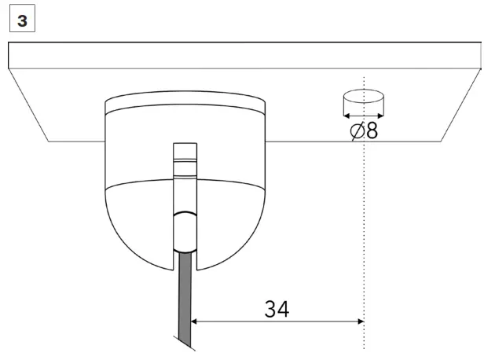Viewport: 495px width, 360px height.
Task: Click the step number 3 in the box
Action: pos(21,20)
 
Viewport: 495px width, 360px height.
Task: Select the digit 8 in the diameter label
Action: pos(371,130)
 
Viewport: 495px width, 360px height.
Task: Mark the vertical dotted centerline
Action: pos(364,236)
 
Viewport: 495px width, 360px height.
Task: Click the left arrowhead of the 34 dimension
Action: pos(197,321)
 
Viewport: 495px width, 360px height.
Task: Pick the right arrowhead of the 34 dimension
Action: pos(359,321)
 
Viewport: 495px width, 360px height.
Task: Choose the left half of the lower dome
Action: pos(137,220)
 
